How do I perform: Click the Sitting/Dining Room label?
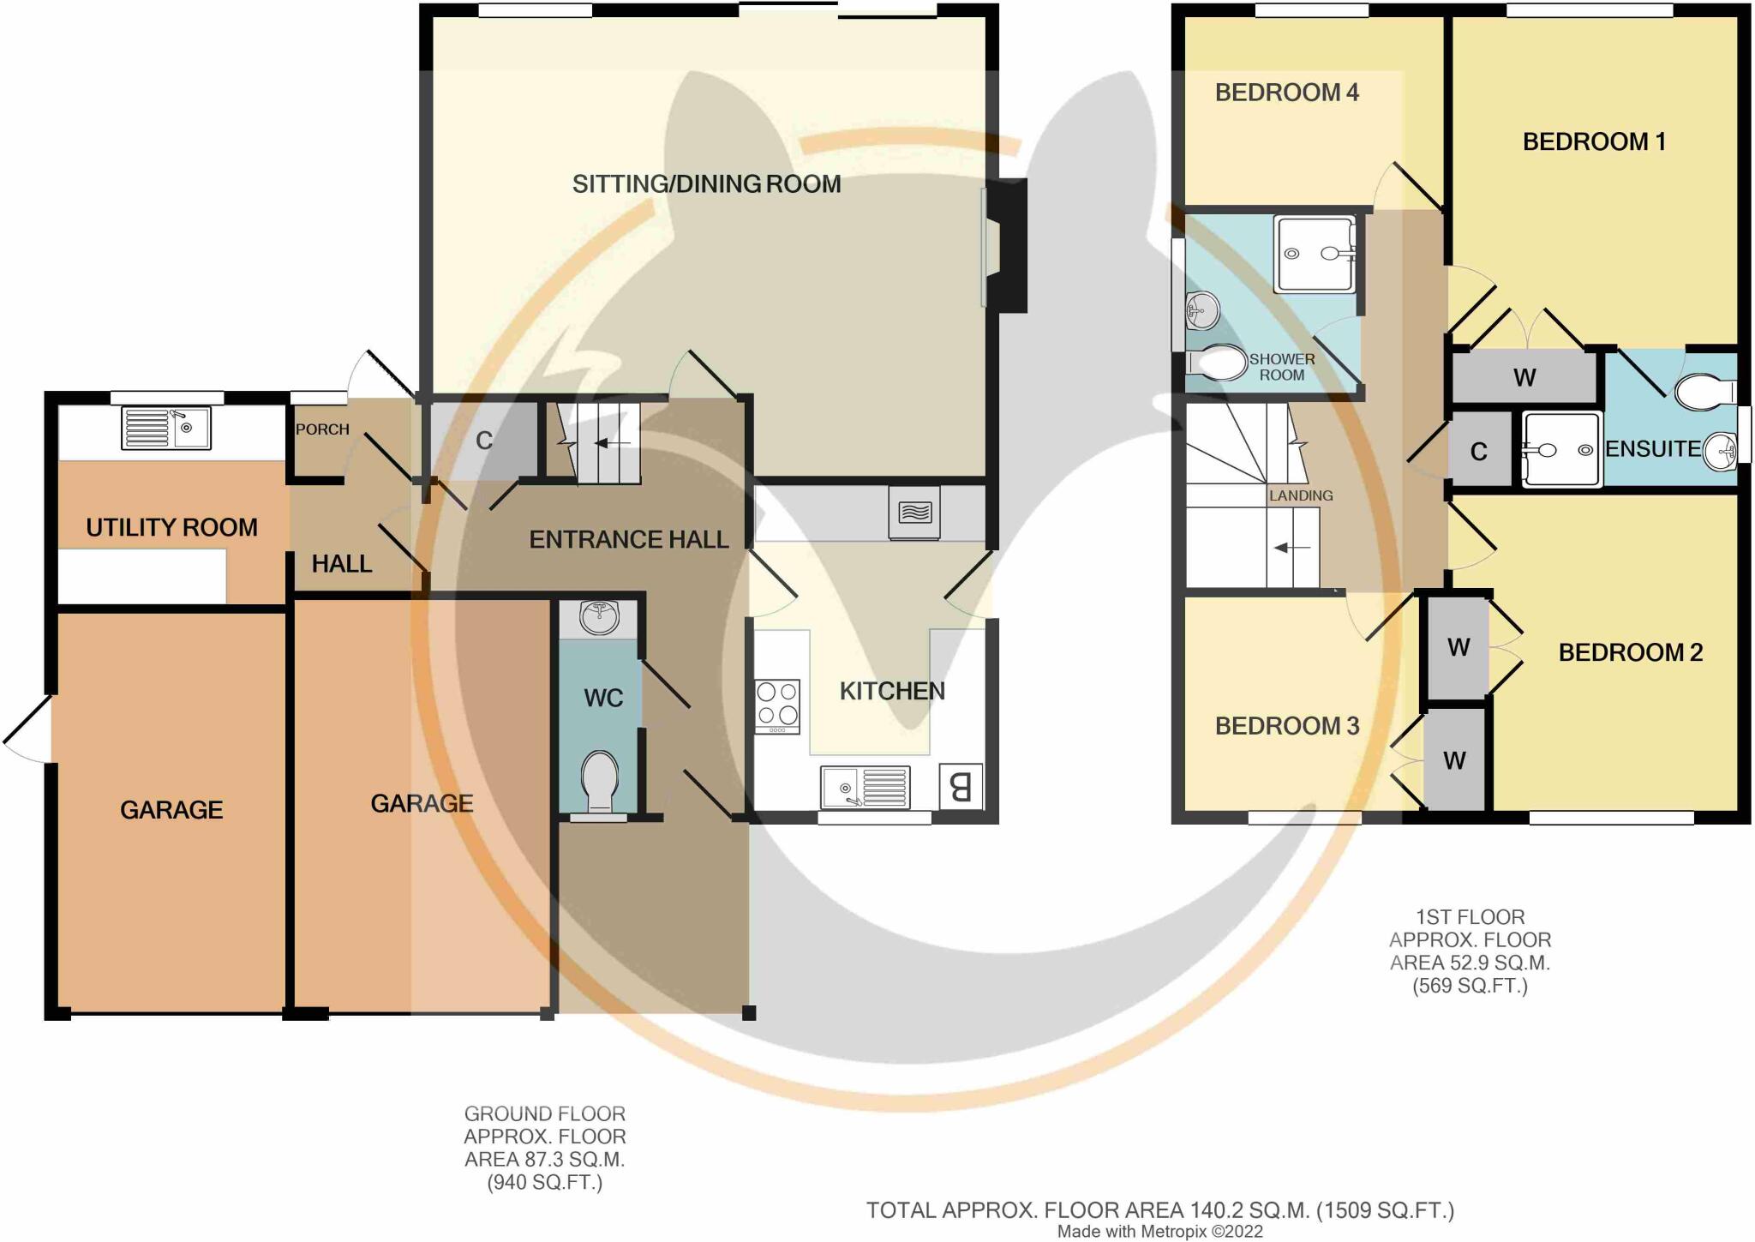click(x=706, y=184)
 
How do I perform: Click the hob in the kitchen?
click(x=777, y=705)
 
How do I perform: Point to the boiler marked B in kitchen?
click(x=961, y=786)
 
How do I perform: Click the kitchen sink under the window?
click(x=865, y=787)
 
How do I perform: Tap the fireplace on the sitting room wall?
click(x=1004, y=245)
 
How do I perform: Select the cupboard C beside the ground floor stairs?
click(x=484, y=441)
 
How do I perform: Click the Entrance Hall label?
click(x=628, y=540)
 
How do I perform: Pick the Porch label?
click(x=322, y=429)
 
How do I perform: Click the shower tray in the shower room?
click(x=1315, y=254)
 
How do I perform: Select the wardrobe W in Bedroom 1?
click(x=1524, y=377)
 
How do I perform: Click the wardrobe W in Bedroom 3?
click(x=1454, y=760)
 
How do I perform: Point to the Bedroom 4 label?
click(x=1286, y=93)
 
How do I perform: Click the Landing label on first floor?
click(x=1300, y=495)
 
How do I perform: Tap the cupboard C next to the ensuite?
click(x=1478, y=452)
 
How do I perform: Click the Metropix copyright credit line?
click(x=1159, y=1232)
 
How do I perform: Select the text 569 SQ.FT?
click(x=1470, y=986)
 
